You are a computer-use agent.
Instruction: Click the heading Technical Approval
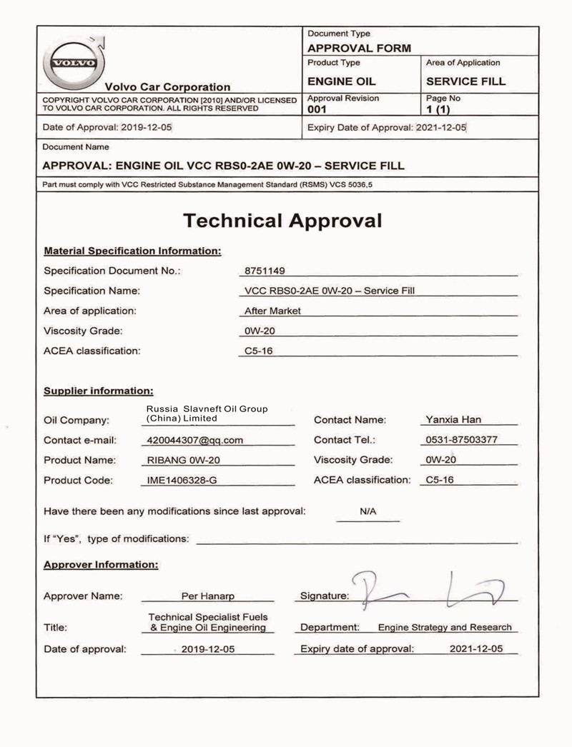[282, 220]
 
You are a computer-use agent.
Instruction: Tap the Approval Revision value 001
[317, 109]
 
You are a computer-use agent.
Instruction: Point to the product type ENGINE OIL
[341, 81]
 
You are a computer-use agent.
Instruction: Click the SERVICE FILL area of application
[465, 81]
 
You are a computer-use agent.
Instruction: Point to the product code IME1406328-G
[182, 481]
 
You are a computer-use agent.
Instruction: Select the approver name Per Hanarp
[207, 596]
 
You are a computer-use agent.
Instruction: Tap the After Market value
[272, 311]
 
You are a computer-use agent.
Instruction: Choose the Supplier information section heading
[99, 391]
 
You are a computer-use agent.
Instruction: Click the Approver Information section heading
[101, 564]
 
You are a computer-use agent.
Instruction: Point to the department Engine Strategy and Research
[445, 627]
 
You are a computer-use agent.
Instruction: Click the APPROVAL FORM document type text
[359, 49]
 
